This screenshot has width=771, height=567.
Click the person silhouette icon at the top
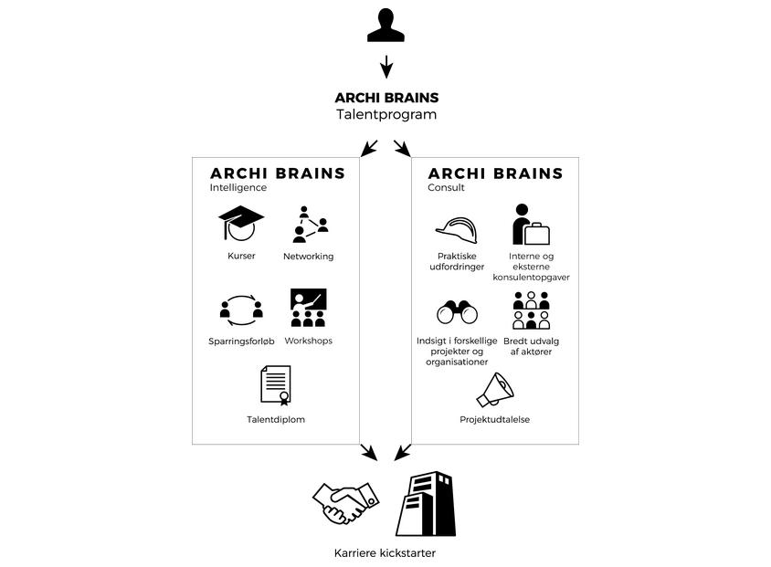(x=386, y=25)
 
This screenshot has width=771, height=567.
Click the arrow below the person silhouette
(x=386, y=67)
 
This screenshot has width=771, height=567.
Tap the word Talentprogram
(x=386, y=114)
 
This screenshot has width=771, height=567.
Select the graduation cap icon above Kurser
(x=241, y=223)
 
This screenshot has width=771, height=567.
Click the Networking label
(x=308, y=256)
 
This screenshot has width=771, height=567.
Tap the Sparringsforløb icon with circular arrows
(x=241, y=310)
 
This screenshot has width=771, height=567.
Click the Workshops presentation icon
(x=308, y=308)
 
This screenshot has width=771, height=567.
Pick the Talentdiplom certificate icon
(x=275, y=385)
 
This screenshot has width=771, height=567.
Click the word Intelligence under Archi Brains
(x=238, y=188)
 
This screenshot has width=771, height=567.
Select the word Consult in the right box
(x=446, y=188)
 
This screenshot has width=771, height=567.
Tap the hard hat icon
(x=457, y=230)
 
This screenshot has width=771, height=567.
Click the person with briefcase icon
(x=531, y=225)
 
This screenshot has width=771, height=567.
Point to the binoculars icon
(x=457, y=312)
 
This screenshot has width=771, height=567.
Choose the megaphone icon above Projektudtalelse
(x=495, y=390)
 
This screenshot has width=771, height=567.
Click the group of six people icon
(x=531, y=310)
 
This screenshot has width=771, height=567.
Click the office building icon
(x=426, y=504)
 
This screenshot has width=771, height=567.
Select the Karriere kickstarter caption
(x=385, y=553)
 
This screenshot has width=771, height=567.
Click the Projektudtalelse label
(x=494, y=420)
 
